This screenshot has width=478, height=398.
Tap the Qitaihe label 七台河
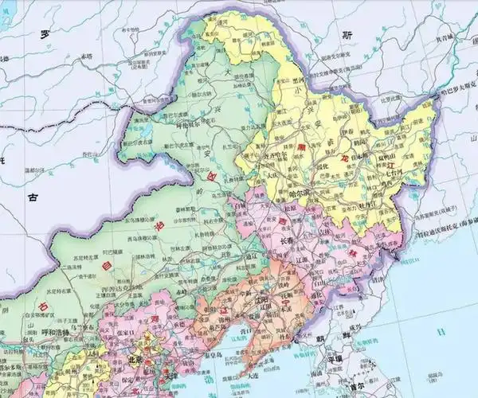tap(394, 173)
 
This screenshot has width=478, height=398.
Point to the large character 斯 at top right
tap(345, 34)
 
